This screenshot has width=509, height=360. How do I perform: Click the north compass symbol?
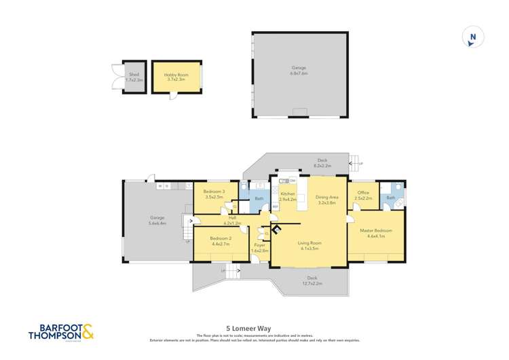click(x=472, y=38)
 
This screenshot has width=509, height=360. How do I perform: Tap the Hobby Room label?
click(x=176, y=77)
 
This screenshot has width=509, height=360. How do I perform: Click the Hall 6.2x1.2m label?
click(x=233, y=220)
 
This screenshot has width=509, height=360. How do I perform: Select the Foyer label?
click(x=259, y=247)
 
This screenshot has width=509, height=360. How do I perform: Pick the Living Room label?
click(x=309, y=245)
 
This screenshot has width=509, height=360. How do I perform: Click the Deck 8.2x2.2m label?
click(x=322, y=163)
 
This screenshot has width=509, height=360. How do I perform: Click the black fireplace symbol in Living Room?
click(x=277, y=229)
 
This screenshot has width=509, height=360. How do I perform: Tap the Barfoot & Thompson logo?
click(x=61, y=332)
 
